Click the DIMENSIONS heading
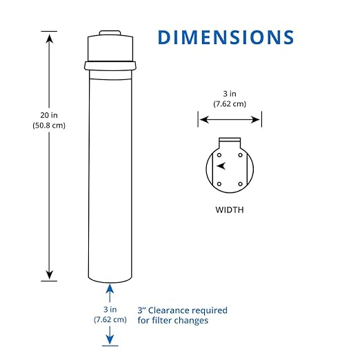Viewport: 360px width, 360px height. click(x=226, y=37)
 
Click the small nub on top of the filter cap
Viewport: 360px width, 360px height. click(x=111, y=32)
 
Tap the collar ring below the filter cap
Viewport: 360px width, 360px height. click(x=111, y=66)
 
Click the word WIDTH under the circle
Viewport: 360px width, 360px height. click(x=230, y=210)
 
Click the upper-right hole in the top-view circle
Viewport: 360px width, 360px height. click(x=239, y=154)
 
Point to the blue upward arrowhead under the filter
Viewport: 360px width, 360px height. click(x=111, y=288)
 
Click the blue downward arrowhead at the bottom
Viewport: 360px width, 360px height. click(x=111, y=339)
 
